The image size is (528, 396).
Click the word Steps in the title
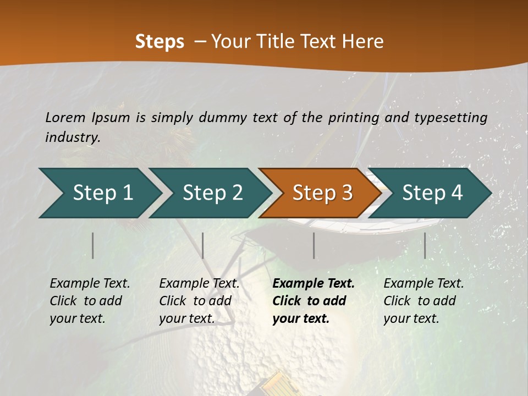(x=159, y=42)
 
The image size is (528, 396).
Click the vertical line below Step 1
(x=93, y=245)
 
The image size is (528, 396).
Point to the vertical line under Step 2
(x=203, y=245)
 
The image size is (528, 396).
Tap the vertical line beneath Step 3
(x=313, y=245)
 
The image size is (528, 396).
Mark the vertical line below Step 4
(x=425, y=245)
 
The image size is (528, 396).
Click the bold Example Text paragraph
(x=312, y=301)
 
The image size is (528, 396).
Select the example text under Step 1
(x=89, y=301)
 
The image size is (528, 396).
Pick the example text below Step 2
(x=199, y=301)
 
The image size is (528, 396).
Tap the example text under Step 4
(x=423, y=301)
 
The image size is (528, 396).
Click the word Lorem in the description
(x=65, y=117)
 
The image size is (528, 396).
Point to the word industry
(x=72, y=137)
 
